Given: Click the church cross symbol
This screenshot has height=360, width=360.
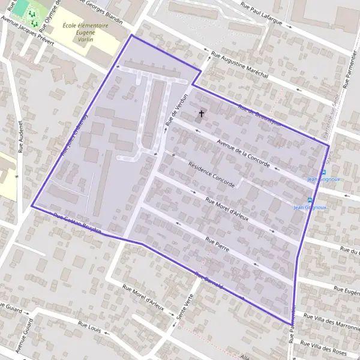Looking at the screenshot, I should pyautogui.click(x=201, y=113).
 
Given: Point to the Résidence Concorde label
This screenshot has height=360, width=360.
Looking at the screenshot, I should pyautogui.click(x=211, y=175).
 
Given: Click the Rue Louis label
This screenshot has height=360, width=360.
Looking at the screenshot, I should pyautogui.click(x=90, y=327).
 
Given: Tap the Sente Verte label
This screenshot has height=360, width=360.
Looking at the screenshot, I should pyautogui.click(x=186, y=311).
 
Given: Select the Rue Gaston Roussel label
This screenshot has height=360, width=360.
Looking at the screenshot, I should pyautogui.click(x=77, y=224).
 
